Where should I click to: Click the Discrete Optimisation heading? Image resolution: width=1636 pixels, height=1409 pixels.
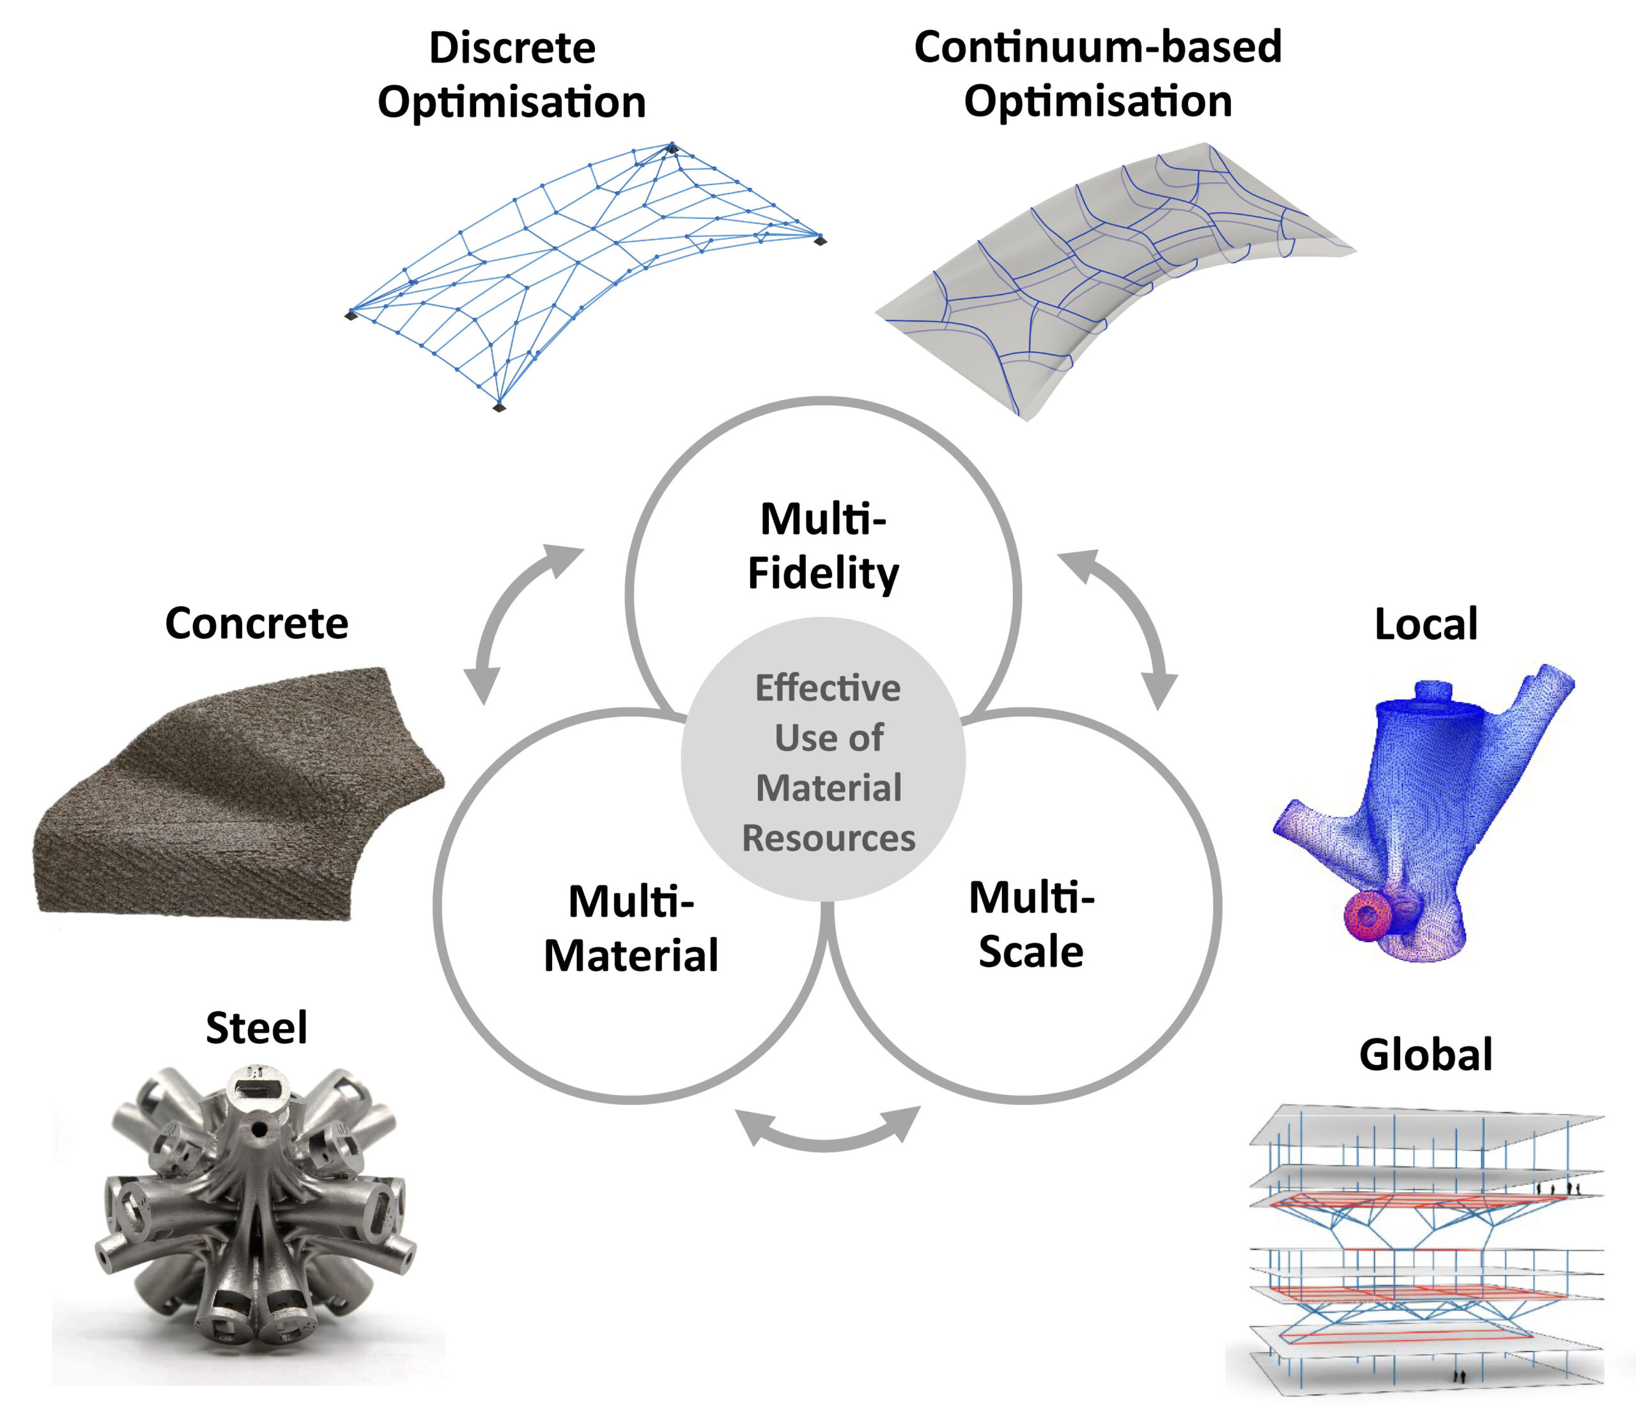tap(512, 75)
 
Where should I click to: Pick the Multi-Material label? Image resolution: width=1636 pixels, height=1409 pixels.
tap(631, 928)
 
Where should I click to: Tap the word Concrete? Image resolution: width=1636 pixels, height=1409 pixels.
tap(257, 623)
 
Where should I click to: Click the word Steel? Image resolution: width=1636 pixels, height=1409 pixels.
tap(257, 1028)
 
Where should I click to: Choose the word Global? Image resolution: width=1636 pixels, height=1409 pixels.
tap(1426, 1055)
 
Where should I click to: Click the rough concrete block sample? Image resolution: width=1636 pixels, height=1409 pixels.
tap(237, 797)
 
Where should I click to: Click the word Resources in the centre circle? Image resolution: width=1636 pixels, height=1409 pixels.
tap(828, 838)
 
